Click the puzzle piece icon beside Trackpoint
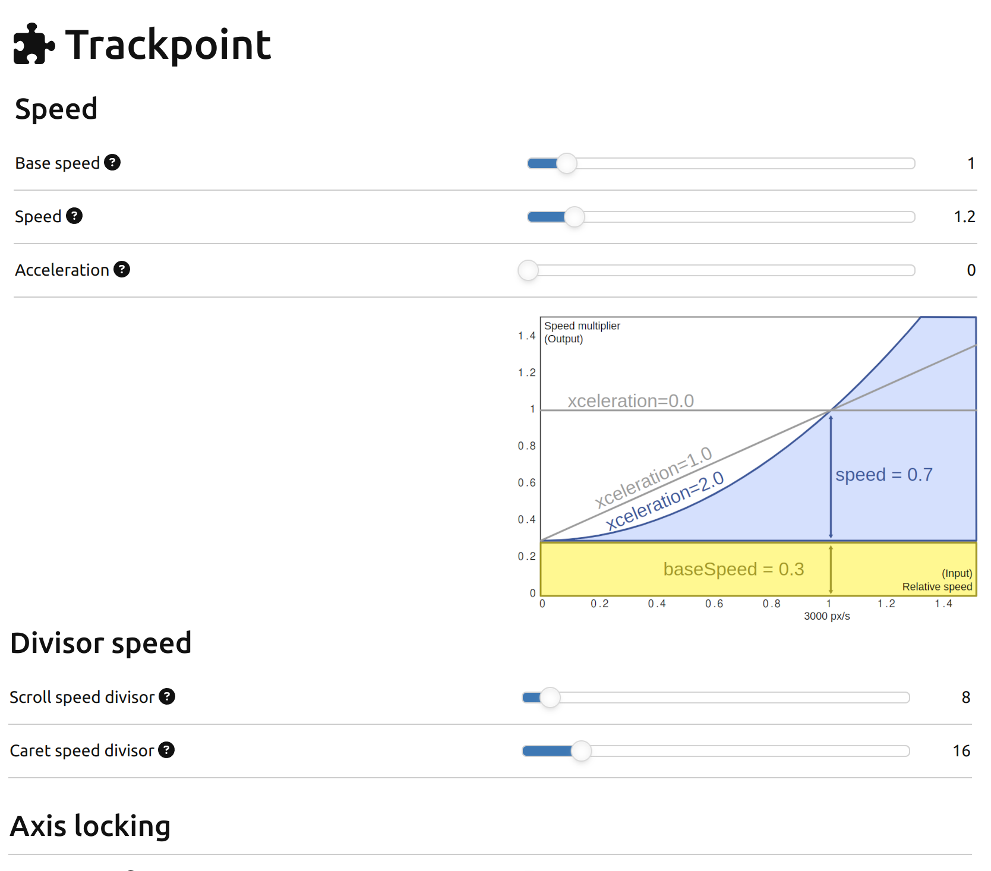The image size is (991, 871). click(x=34, y=43)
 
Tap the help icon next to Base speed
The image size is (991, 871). click(x=112, y=162)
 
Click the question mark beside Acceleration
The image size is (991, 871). click(x=122, y=269)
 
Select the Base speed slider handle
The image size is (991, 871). click(x=567, y=163)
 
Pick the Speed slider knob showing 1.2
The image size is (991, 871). click(x=575, y=217)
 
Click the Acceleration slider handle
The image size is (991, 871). click(x=528, y=270)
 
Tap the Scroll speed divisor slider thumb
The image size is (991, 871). click(x=550, y=698)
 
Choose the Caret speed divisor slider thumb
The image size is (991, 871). click(x=581, y=751)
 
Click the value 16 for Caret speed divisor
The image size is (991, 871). click(x=961, y=751)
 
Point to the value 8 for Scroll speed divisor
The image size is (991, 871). click(x=966, y=698)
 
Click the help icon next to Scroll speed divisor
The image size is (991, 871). click(x=167, y=696)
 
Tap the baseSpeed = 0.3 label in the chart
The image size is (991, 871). click(x=734, y=569)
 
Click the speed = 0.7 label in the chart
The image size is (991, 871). click(x=884, y=475)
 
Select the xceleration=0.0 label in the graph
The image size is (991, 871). click(x=631, y=401)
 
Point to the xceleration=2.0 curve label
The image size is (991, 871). click(x=665, y=500)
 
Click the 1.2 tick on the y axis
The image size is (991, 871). click(x=527, y=373)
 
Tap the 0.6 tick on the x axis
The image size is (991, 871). click(x=714, y=604)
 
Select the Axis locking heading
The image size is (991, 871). click(x=90, y=826)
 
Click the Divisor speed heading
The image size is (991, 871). click(x=101, y=643)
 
